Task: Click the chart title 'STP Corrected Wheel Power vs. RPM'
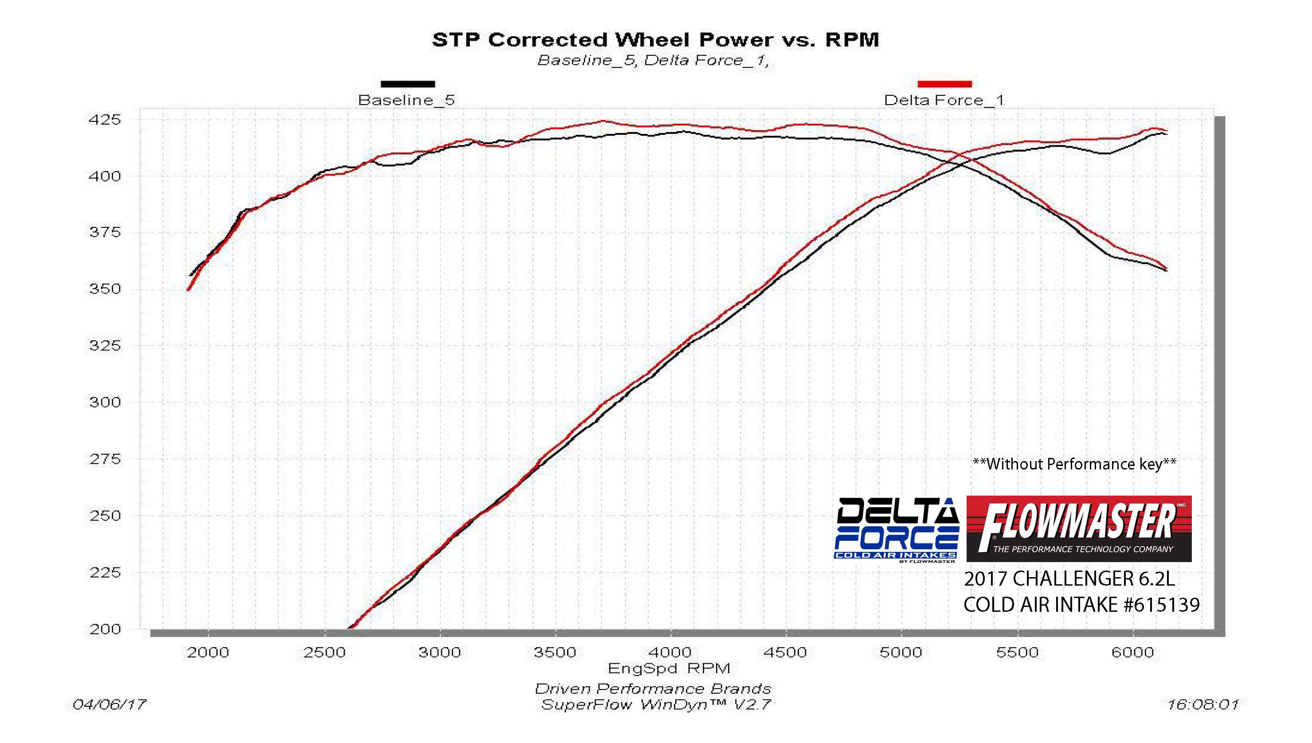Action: point(655,40)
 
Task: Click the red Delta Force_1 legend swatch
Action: point(944,84)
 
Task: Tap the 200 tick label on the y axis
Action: point(105,629)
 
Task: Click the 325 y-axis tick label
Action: point(105,346)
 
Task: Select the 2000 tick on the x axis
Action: point(208,653)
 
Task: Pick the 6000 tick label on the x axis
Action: point(1133,653)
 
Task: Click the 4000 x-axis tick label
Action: point(670,653)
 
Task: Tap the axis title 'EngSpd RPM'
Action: point(669,669)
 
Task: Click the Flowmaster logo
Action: point(1079,529)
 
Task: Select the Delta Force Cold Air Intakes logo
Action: point(896,530)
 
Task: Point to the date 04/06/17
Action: point(109,705)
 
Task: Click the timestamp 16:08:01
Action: point(1202,705)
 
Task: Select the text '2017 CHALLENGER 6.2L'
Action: point(1069,579)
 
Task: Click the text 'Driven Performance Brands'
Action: point(653,689)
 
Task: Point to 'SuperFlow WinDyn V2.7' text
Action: point(655,705)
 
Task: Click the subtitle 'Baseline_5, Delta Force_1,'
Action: point(653,61)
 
